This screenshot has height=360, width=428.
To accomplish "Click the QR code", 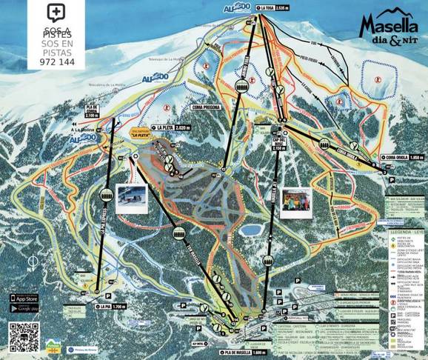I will point(24,337).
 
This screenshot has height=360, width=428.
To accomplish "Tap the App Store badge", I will point(24,298).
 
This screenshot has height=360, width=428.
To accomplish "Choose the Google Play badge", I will point(24,308).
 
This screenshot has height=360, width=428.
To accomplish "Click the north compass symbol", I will point(32,262).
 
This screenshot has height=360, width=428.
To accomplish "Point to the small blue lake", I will point(253,221).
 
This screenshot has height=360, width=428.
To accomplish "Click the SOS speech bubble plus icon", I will point(55,13).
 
